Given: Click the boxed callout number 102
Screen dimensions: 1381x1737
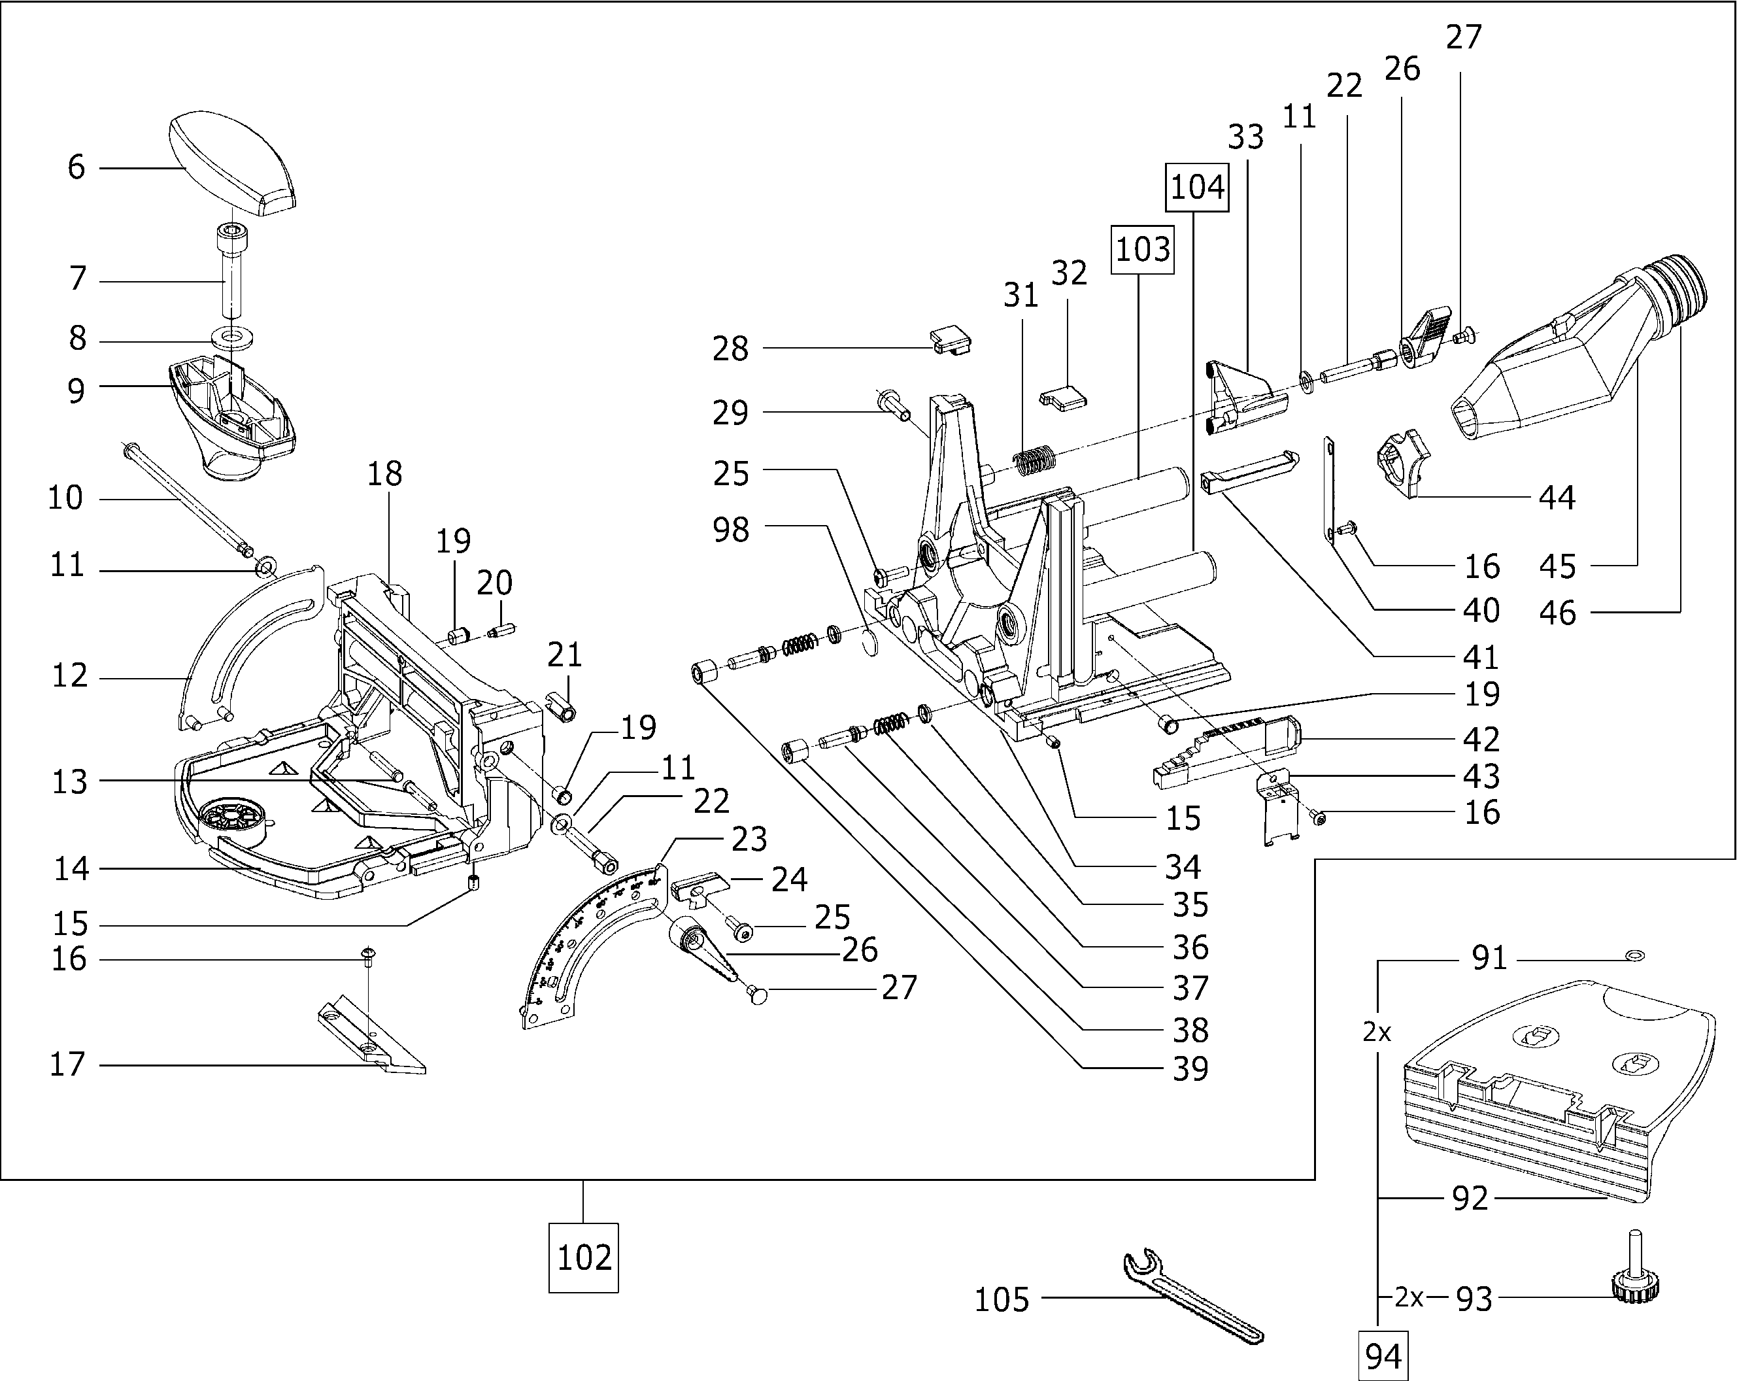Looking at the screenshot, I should (x=583, y=1257).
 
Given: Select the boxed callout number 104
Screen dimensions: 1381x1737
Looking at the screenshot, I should (x=1196, y=187).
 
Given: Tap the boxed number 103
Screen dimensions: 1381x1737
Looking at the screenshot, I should (x=1141, y=249).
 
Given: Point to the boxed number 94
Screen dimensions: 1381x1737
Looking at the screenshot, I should (x=1383, y=1356).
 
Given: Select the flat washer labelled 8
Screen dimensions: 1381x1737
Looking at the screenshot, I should (x=233, y=336).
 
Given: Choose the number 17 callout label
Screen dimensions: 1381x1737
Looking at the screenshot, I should (x=67, y=1065).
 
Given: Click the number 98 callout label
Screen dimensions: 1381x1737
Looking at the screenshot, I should (x=731, y=530).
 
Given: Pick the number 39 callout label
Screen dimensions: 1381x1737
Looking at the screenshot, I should (x=1190, y=1069).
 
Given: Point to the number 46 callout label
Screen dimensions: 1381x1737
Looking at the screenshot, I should (x=1557, y=613).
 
